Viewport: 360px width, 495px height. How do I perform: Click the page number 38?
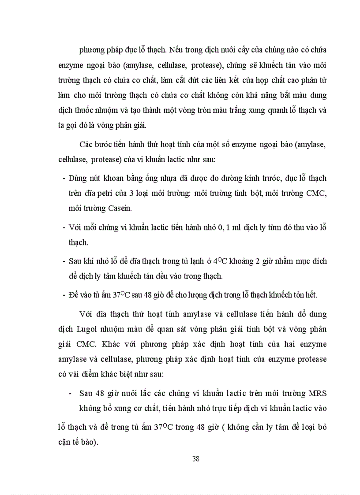pos(196,458)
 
